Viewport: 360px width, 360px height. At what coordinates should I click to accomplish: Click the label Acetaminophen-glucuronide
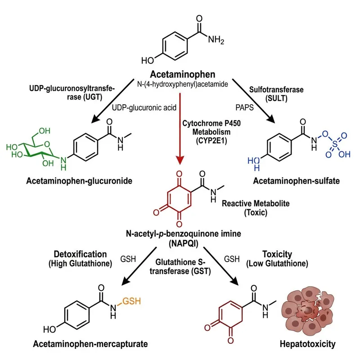pos(69,181)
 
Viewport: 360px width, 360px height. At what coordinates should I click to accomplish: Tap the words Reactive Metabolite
pos(256,204)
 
